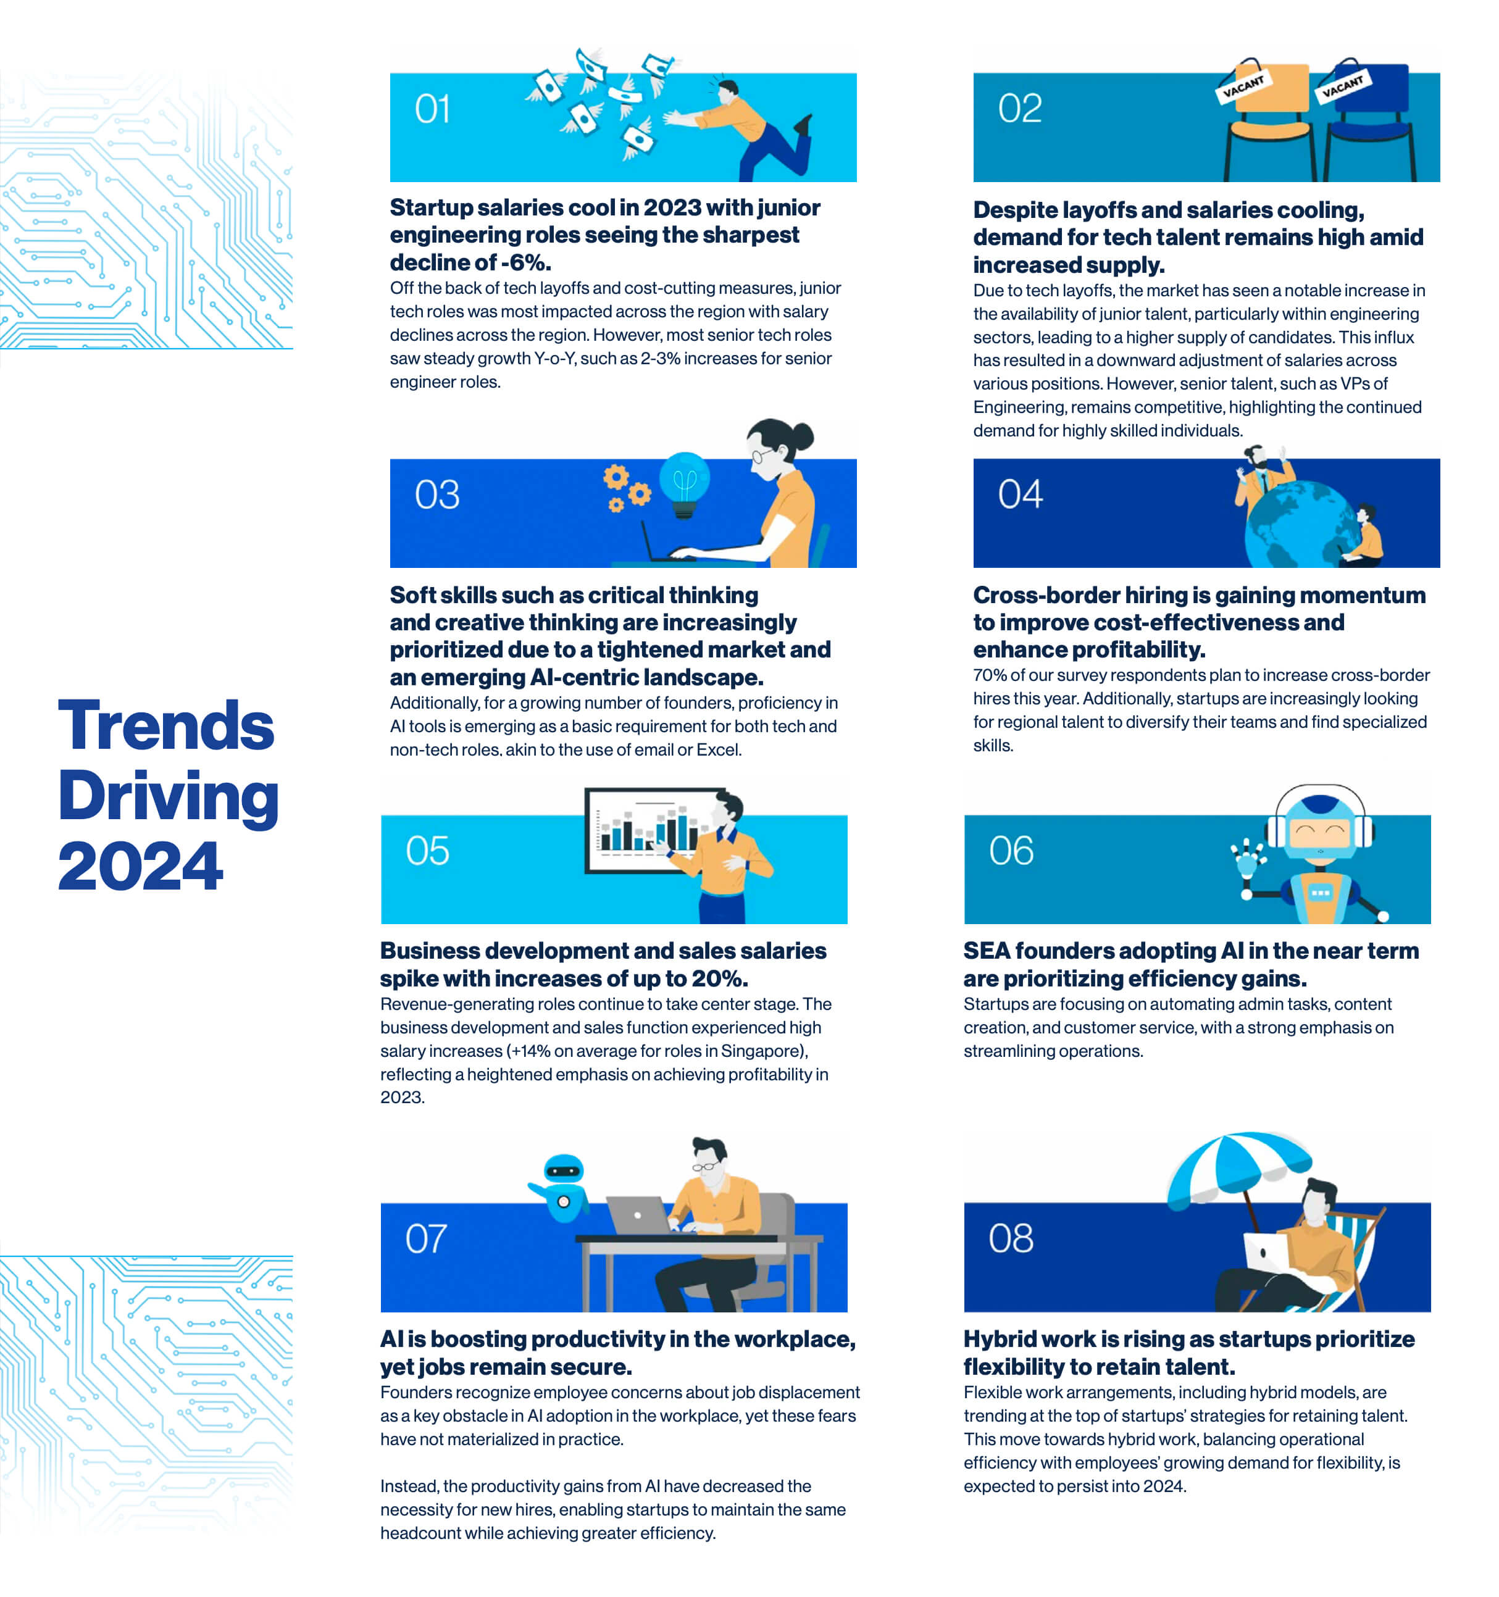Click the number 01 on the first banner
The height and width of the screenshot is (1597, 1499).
coord(432,109)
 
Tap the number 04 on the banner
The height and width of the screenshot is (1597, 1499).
coord(1020,494)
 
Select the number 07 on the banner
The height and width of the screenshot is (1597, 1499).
coord(426,1239)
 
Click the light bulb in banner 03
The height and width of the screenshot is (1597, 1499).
coord(685,485)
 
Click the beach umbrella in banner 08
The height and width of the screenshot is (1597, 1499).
coord(1238,1173)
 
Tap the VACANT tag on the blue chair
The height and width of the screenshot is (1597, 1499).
coord(1342,85)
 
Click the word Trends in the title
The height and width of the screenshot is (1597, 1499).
coord(166,725)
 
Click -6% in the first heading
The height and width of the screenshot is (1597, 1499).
coord(525,263)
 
